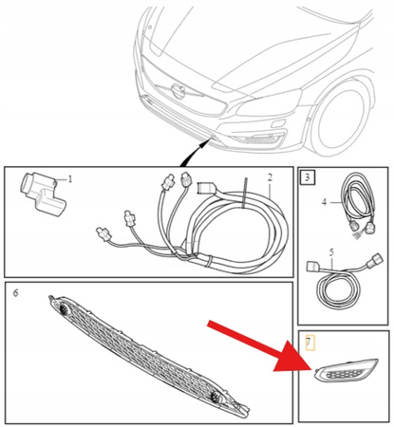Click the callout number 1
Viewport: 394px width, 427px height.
point(70,179)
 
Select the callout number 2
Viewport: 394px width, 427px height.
point(270,177)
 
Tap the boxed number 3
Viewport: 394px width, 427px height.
point(307,177)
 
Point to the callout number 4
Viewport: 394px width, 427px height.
point(324,201)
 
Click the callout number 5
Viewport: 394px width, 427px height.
point(331,252)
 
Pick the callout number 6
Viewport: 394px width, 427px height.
point(15,293)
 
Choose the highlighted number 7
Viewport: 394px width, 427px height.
point(310,343)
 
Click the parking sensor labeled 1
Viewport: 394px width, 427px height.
point(43,194)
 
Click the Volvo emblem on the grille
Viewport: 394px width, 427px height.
point(178,91)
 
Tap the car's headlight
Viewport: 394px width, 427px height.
point(269,103)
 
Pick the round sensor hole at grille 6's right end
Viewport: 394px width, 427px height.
point(216,396)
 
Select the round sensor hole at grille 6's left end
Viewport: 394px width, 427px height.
point(65,309)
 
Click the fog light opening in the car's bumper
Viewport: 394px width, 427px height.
point(256,139)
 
